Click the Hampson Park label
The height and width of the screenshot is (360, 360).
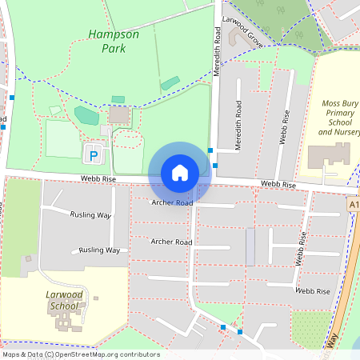113,42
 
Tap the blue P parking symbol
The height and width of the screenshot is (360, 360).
94,154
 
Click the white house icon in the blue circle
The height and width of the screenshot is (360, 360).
179,172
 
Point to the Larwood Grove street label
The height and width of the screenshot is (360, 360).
243,34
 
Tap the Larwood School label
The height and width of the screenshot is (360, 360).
63,300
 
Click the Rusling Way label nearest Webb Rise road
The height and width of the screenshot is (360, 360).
90,215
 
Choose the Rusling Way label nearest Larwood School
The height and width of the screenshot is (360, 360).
99,250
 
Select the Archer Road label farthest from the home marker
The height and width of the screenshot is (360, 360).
171,242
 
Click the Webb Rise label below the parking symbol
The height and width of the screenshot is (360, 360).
100,179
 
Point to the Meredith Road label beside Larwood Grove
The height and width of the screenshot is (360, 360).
217,50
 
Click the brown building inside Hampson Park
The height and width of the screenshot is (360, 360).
119,115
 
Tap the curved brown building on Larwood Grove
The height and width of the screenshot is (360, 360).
238,37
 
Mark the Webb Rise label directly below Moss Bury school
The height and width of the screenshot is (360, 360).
278,185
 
